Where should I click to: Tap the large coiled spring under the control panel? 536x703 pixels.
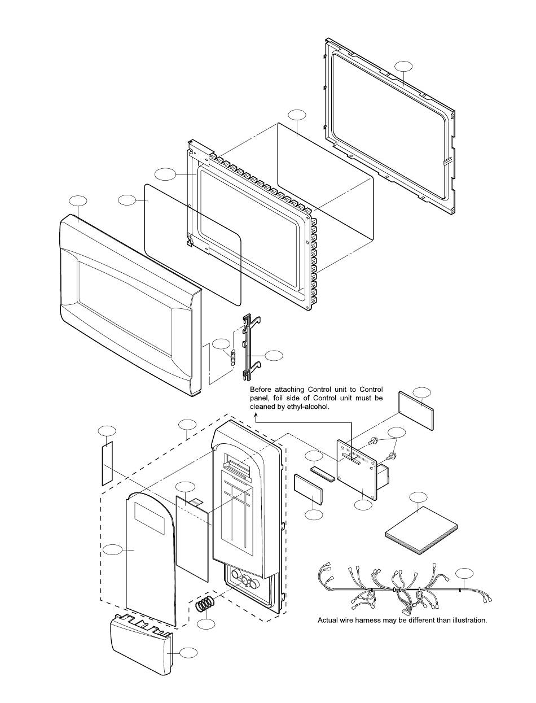coord(205,603)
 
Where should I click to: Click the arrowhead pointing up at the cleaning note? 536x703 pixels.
coord(256,416)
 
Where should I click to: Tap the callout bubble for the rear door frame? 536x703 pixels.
coord(403,66)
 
